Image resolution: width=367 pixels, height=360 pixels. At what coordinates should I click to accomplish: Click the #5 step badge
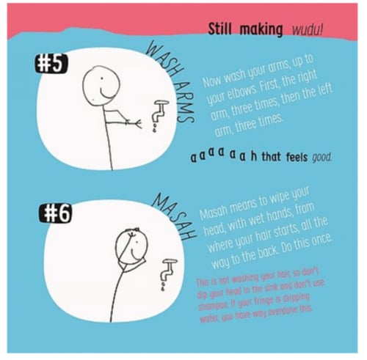[50, 65]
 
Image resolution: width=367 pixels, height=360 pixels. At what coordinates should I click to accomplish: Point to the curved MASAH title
[175, 218]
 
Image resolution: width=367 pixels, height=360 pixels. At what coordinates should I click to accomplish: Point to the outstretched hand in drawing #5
[133, 124]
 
